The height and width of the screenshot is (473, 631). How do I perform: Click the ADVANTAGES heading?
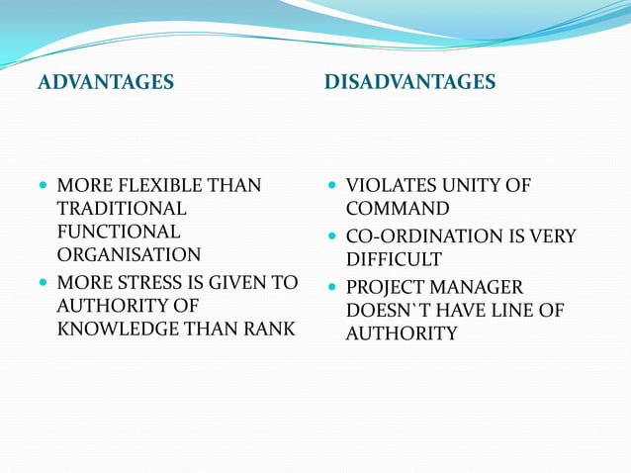click(x=105, y=82)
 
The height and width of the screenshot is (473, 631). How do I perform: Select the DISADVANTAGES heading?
click(x=409, y=82)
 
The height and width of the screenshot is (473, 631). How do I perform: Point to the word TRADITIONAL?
click(x=121, y=209)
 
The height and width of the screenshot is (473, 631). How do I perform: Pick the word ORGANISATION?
click(x=129, y=254)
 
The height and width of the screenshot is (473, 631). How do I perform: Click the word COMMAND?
click(x=398, y=209)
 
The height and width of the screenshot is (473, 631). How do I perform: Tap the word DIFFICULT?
click(x=394, y=260)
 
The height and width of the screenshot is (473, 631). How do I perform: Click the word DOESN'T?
click(x=386, y=311)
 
